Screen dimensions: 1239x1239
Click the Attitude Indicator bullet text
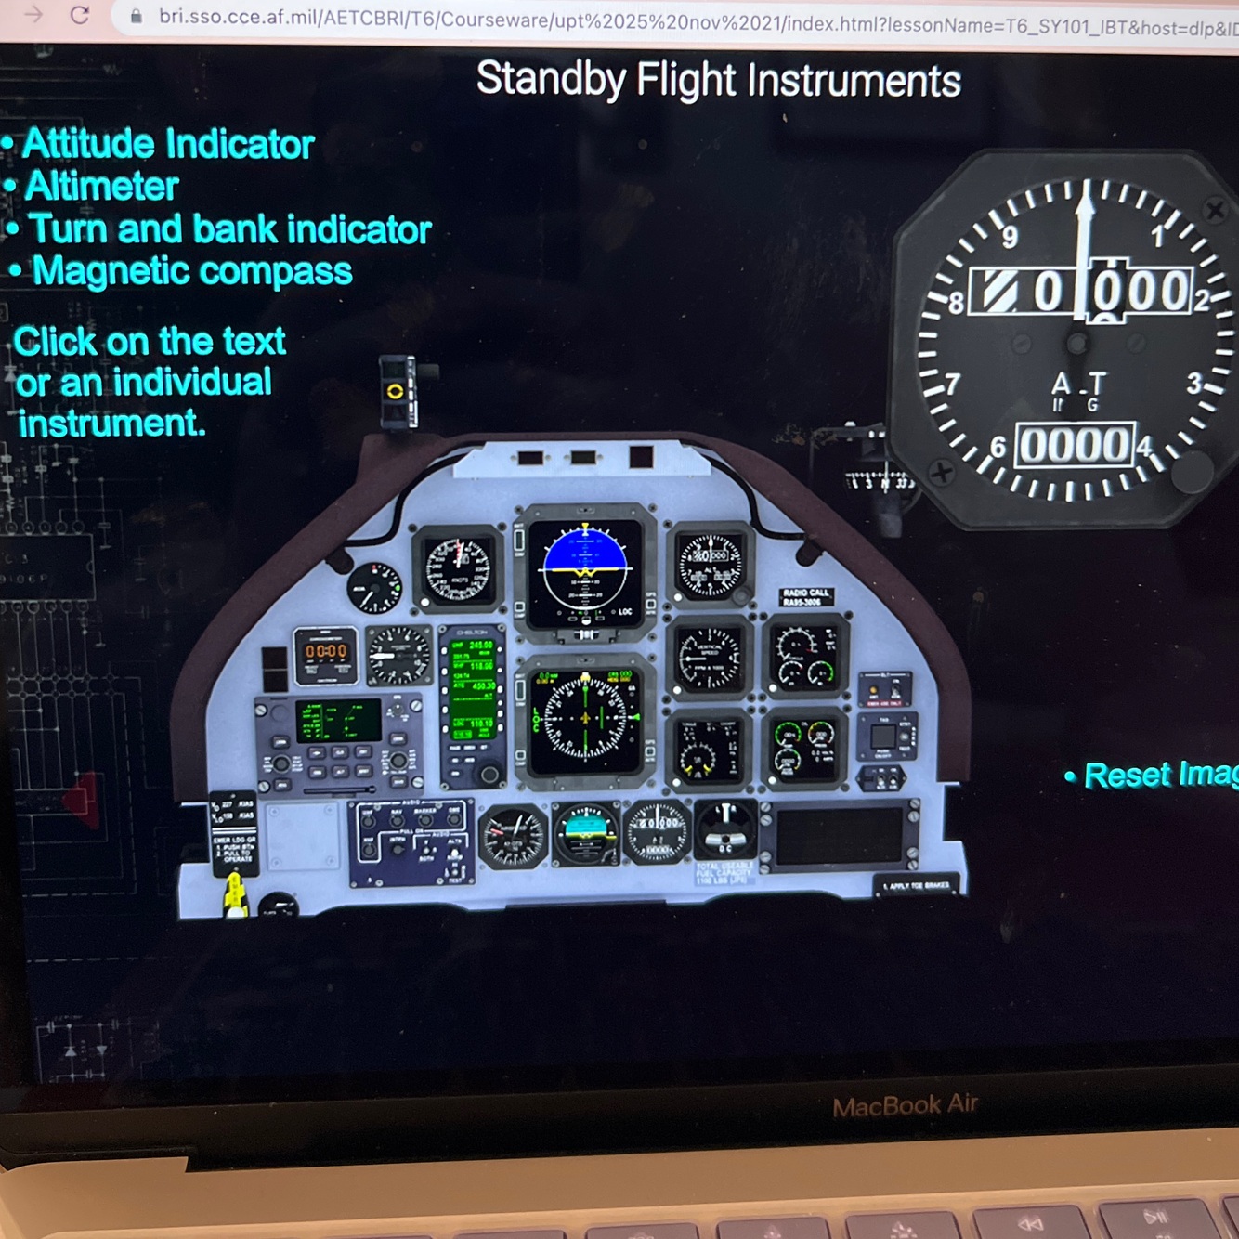[x=168, y=144]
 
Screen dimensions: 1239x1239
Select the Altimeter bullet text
[x=101, y=187]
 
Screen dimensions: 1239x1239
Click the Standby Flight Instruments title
[x=718, y=80]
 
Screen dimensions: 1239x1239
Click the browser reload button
[x=80, y=15]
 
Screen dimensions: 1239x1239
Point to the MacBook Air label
[x=905, y=1105]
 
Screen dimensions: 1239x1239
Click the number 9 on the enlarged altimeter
[x=1010, y=237]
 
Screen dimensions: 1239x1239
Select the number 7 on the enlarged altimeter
[x=952, y=384]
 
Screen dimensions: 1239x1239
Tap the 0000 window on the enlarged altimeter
[x=1076, y=445]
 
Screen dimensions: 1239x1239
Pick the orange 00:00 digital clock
[x=326, y=652]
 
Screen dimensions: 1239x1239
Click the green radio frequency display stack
[x=472, y=687]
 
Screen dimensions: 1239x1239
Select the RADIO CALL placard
[x=805, y=596]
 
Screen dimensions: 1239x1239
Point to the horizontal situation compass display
[x=585, y=717]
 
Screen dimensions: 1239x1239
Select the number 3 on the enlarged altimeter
[x=1195, y=383]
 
